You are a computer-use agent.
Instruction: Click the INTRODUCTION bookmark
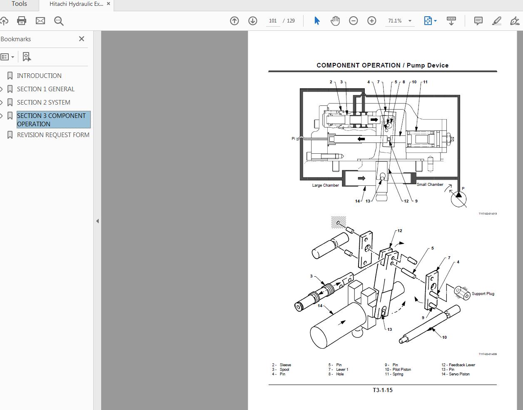pyautogui.click(x=39, y=76)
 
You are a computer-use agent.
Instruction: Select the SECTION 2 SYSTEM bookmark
pyautogui.click(x=43, y=102)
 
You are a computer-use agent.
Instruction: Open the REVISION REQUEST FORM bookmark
pyautogui.click(x=53, y=135)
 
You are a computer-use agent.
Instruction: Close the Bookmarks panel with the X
pyautogui.click(x=82, y=39)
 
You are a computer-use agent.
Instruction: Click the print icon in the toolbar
pyautogui.click(x=22, y=21)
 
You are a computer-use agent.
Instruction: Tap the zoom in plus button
pyautogui.click(x=371, y=21)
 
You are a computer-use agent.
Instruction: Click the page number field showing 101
pyautogui.click(x=273, y=21)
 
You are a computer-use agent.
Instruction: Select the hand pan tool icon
pyautogui.click(x=335, y=21)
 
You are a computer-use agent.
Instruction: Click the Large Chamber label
pyautogui.click(x=325, y=185)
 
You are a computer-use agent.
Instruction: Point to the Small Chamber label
pyautogui.click(x=430, y=185)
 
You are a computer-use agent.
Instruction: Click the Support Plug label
pyautogui.click(x=483, y=294)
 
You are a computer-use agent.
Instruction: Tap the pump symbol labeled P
pyautogui.click(x=458, y=198)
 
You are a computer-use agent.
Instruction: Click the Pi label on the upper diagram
pyautogui.click(x=293, y=138)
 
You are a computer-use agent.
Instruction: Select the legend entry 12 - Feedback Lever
pyautogui.click(x=458, y=365)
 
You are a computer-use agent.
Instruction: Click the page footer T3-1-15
pyautogui.click(x=382, y=390)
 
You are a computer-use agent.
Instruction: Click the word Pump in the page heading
pyautogui.click(x=416, y=65)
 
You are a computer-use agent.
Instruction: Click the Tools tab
pyautogui.click(x=19, y=4)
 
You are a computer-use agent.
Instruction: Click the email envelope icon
pyautogui.click(x=40, y=21)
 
